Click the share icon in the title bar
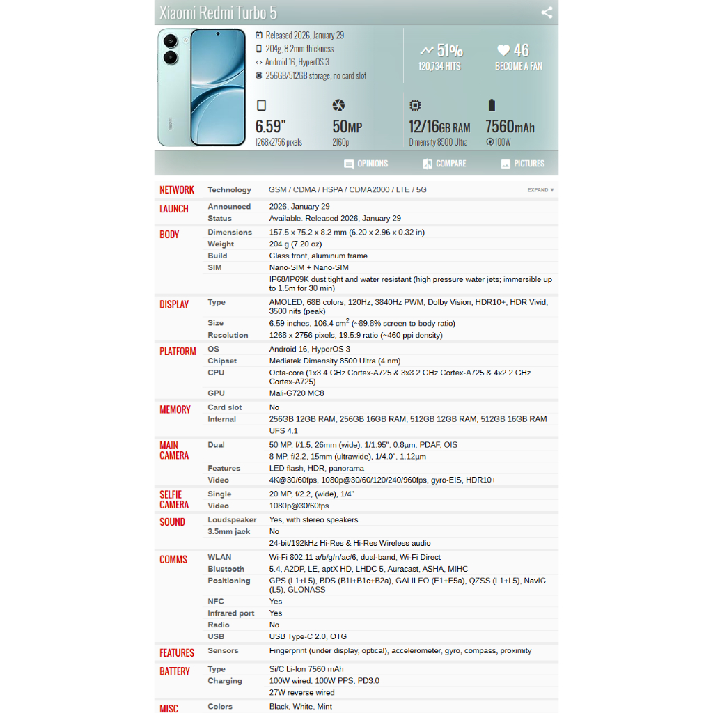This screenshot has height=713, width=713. pyautogui.click(x=547, y=13)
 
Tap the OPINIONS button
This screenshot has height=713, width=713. pyautogui.click(x=366, y=164)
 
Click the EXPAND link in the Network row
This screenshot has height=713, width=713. pyautogui.click(x=540, y=190)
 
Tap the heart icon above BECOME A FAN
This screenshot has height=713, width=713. pyautogui.click(x=503, y=50)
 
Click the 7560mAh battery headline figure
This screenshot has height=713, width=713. pyautogui.click(x=510, y=127)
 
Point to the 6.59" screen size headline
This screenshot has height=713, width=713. pyautogui.click(x=271, y=127)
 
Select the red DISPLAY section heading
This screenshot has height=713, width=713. pyautogui.click(x=174, y=304)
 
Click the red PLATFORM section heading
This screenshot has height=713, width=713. pyautogui.click(x=178, y=352)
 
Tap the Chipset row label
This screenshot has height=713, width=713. pyautogui.click(x=222, y=361)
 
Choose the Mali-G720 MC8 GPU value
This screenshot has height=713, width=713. pyautogui.click(x=297, y=393)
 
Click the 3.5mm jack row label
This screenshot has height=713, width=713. pyautogui.click(x=228, y=531)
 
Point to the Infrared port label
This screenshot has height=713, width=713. pyautogui.click(x=230, y=613)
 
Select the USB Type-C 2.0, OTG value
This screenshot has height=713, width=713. pyautogui.click(x=308, y=636)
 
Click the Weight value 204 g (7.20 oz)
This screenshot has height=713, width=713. pyautogui.click(x=295, y=244)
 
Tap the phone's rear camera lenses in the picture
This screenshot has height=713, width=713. pyautogui.click(x=169, y=49)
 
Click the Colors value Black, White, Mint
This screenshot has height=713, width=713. pyautogui.click(x=301, y=706)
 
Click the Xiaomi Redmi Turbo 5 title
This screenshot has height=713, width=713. pyautogui.click(x=218, y=13)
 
